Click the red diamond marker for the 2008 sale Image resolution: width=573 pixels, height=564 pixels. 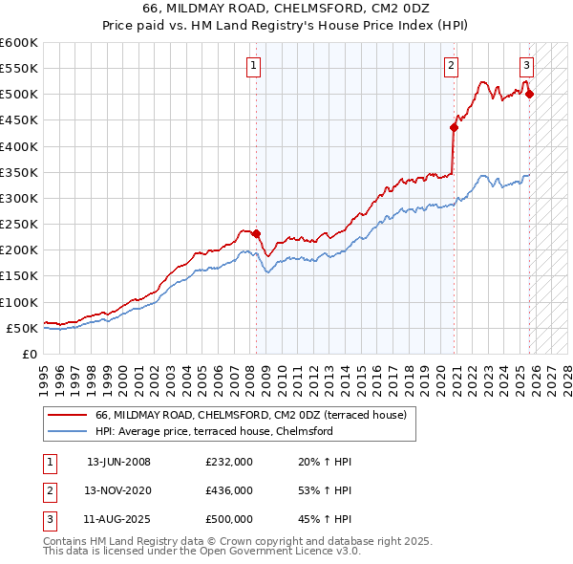256,233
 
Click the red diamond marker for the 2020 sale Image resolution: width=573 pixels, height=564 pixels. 455,127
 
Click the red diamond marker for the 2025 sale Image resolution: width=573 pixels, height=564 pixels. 530,94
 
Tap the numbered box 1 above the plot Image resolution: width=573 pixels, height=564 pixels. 253,65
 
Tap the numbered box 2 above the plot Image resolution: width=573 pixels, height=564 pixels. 450,65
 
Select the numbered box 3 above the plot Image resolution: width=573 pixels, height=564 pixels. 526,65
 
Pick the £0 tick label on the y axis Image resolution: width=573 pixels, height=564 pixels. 31,354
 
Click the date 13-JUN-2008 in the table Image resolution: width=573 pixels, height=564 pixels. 118,462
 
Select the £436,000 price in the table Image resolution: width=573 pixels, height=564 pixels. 229,489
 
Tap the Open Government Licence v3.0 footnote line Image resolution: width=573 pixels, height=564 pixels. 202,552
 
